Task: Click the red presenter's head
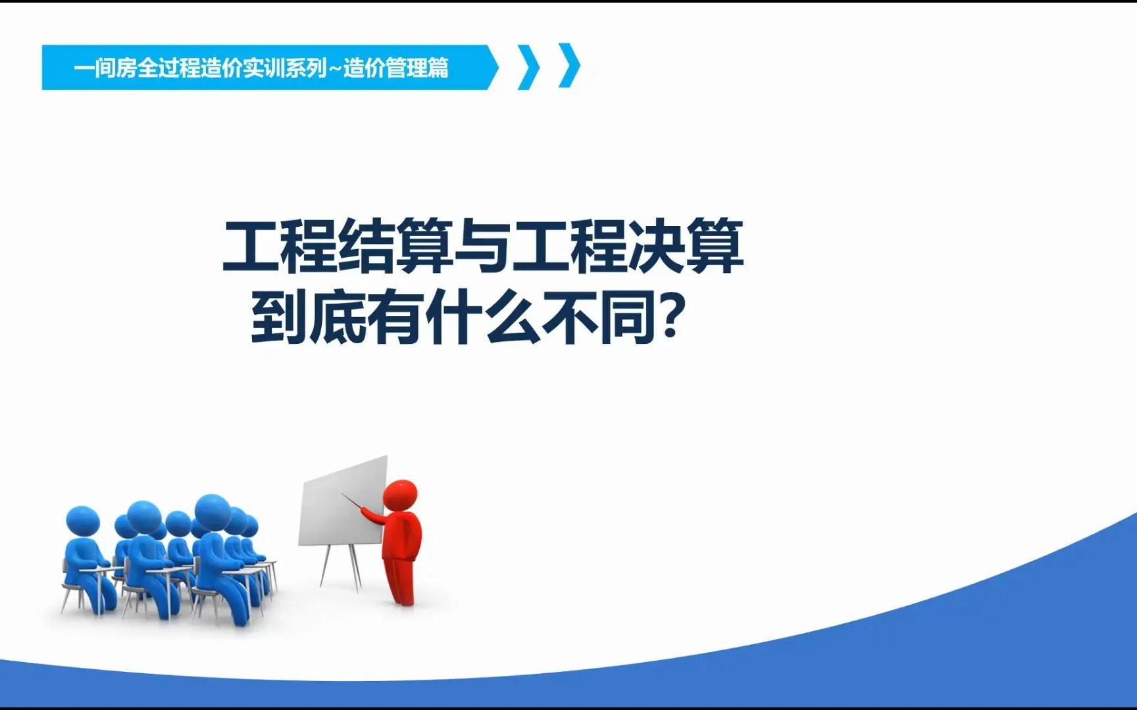400,494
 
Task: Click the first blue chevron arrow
528,66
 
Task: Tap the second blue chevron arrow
570,65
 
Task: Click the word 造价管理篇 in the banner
395,68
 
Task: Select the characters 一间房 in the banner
105,68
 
